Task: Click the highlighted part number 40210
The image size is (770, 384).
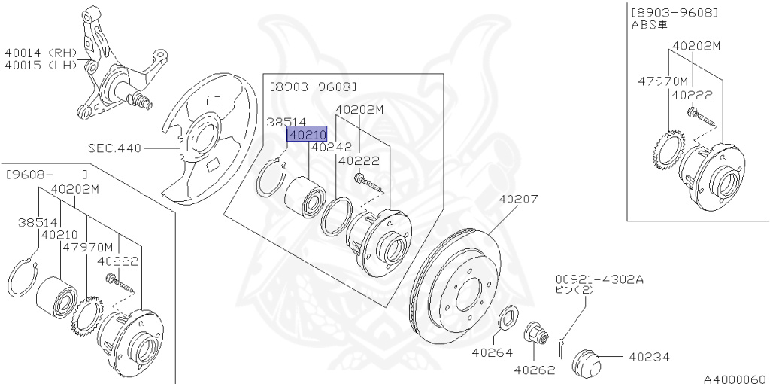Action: click(306, 135)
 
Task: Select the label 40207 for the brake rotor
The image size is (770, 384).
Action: click(518, 200)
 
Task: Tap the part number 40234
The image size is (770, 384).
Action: click(649, 357)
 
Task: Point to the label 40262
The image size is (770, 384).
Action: click(535, 370)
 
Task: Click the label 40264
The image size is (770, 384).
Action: click(492, 352)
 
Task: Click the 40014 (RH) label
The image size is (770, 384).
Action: click(41, 53)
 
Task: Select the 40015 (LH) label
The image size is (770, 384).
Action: click(41, 66)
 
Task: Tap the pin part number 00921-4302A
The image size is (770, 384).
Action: click(599, 278)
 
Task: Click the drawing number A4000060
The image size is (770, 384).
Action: click(735, 378)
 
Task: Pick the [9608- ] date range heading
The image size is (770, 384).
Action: click(47, 175)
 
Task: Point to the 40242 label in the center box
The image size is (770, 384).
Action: click(327, 148)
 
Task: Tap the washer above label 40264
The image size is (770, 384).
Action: click(506, 318)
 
